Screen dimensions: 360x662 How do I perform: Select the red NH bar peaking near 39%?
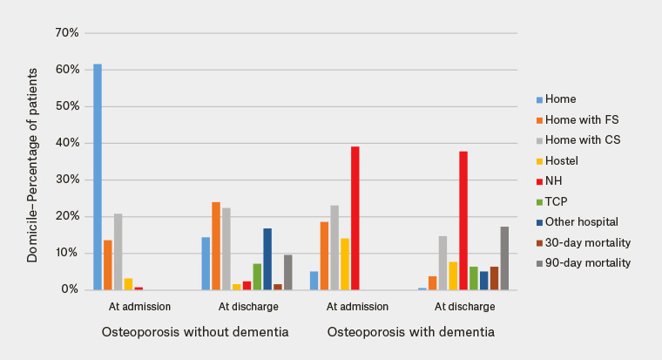point(355,218)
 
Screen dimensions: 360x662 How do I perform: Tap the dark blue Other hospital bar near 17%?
point(267,259)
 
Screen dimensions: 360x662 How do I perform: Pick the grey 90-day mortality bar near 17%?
point(504,258)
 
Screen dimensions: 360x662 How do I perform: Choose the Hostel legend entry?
point(561,160)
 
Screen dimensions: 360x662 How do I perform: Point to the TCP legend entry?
point(557,201)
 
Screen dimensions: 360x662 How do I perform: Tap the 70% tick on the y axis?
point(67,33)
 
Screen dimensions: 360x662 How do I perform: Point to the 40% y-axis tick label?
point(67,143)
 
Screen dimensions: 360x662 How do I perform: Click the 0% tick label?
point(70,289)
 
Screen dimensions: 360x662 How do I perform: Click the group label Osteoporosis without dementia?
point(194,332)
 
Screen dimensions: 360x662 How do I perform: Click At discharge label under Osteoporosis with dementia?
point(465,307)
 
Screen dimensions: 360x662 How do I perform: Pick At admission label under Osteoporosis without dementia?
point(140,307)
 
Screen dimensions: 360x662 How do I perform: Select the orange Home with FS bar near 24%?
point(216,246)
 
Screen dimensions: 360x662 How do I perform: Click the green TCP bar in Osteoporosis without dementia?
point(257,276)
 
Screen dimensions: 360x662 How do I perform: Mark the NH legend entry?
point(553,181)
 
